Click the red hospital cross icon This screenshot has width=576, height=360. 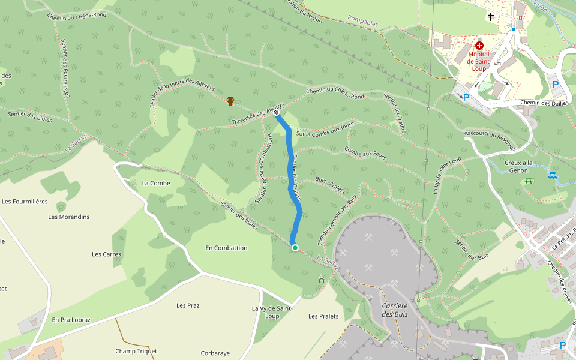(479, 46)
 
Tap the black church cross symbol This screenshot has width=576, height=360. (491, 17)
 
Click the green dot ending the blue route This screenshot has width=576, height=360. (295, 247)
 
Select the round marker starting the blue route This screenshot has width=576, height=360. (276, 112)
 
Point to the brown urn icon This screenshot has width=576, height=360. (230, 101)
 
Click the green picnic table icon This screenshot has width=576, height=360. (528, 180)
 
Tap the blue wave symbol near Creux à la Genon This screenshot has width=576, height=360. (552, 175)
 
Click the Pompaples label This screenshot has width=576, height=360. (362, 23)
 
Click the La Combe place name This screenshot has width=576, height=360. (156, 183)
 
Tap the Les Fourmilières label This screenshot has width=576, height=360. (25, 202)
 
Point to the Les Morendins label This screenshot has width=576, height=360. (69, 217)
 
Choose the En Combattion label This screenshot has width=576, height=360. (226, 248)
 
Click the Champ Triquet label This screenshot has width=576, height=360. (136, 351)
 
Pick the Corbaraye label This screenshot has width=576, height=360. (215, 353)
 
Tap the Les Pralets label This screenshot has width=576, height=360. (323, 316)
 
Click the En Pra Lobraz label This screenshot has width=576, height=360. (71, 320)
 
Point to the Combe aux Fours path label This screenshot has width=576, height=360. (365, 154)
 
